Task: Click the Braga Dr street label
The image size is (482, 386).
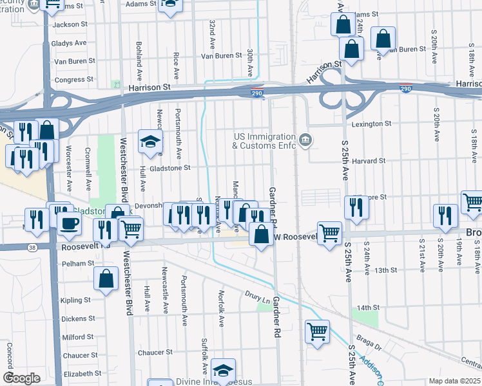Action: pyautogui.click(x=370, y=344)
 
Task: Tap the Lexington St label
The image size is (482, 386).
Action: pyautogui.click(x=371, y=124)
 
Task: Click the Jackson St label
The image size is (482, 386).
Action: pyautogui.click(x=70, y=24)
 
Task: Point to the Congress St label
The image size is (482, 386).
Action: pyautogui.click(x=70, y=80)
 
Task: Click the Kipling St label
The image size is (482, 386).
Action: pyautogui.click(x=76, y=300)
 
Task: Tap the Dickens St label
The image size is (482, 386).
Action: pyautogui.click(x=78, y=318)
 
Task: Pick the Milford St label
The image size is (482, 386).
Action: pyautogui.click(x=78, y=336)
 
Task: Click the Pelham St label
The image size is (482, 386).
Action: pyautogui.click(x=78, y=263)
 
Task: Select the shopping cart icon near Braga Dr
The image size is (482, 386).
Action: pyautogui.click(x=317, y=332)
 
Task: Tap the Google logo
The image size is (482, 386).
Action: pyautogui.click(x=21, y=378)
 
